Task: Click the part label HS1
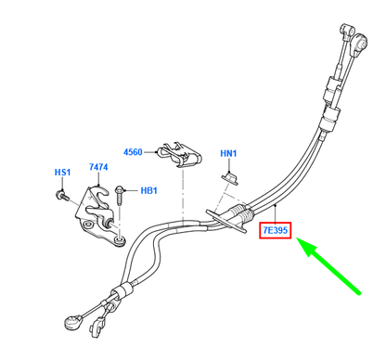click(x=62, y=172)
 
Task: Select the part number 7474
click(x=98, y=166)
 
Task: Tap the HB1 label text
click(x=148, y=192)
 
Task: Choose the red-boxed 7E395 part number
click(x=276, y=227)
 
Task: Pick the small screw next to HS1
click(x=60, y=195)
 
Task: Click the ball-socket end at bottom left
click(x=71, y=324)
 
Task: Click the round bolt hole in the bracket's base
click(x=94, y=225)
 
